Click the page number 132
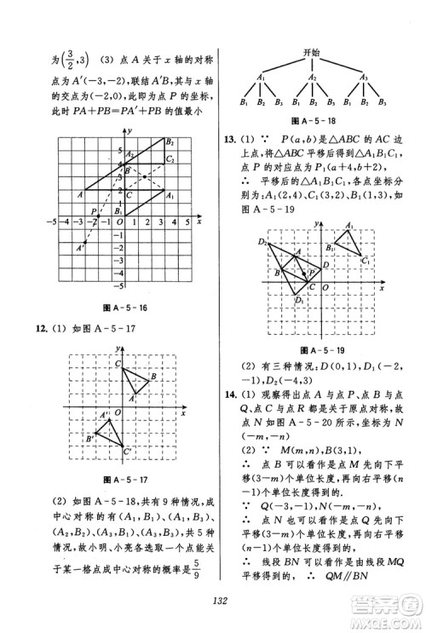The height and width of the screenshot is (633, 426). coord(214,601)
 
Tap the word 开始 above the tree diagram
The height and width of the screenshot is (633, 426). coord(311,53)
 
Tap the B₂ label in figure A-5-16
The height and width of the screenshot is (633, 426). coord(170,142)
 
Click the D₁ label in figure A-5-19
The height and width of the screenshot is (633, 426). coord(299,300)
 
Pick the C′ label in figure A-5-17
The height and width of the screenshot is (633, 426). coord(129,451)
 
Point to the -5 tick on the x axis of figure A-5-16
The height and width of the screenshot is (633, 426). coord(51,222)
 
